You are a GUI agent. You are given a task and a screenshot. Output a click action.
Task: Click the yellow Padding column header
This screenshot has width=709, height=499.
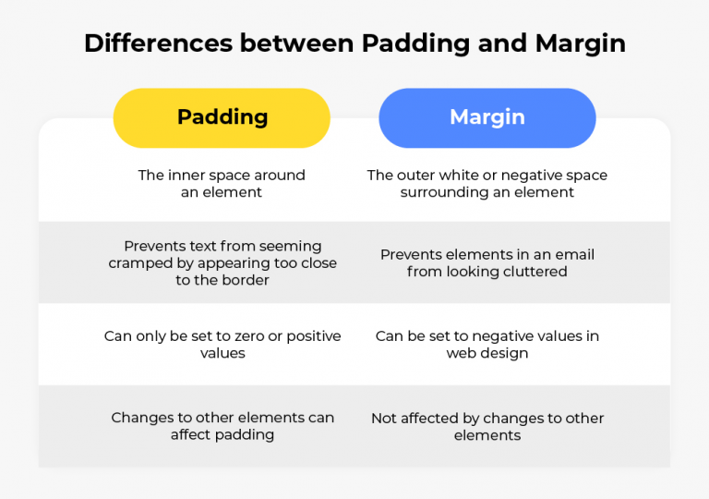[x=222, y=117]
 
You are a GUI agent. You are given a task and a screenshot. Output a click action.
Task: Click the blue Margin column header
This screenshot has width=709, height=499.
[x=487, y=117]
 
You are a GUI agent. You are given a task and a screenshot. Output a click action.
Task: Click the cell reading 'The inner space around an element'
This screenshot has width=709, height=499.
[x=222, y=184]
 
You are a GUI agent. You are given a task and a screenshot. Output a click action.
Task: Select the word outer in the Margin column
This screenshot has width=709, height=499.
[x=419, y=175]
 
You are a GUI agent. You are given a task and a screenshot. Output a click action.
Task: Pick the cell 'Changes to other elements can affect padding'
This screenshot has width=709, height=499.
[x=222, y=426]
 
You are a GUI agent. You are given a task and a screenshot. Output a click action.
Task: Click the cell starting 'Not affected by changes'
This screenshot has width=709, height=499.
[x=487, y=426]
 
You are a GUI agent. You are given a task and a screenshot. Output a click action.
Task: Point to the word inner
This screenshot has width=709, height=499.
[x=186, y=175]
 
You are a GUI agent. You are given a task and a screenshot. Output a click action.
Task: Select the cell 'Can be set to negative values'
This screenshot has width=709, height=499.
[x=487, y=345]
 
